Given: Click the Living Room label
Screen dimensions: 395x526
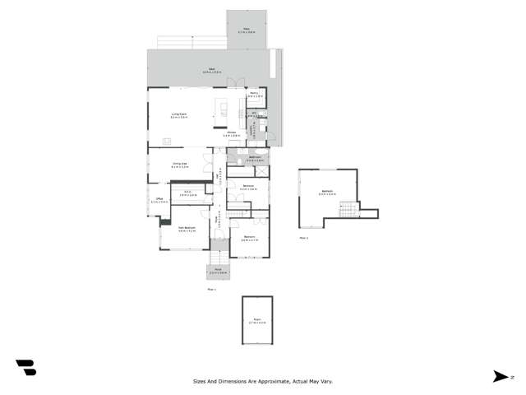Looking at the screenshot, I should click(x=179, y=115).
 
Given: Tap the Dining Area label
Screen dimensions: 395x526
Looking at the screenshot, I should click(x=180, y=165).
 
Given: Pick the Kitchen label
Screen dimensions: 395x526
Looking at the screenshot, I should click(x=233, y=133).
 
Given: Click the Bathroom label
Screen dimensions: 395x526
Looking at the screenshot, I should click(x=254, y=159).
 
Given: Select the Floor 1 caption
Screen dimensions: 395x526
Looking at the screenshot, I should click(x=211, y=289).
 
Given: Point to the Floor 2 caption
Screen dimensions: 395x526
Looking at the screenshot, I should click(x=303, y=238).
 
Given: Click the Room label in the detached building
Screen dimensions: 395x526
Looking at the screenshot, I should click(x=256, y=322).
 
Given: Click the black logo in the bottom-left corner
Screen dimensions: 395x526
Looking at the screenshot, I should click(x=25, y=369).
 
